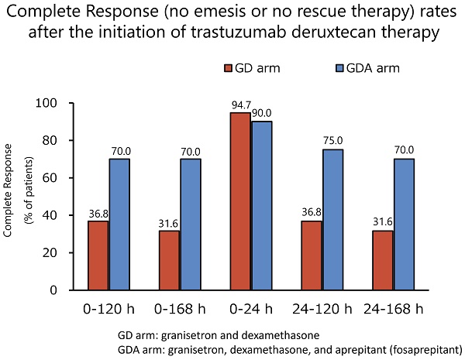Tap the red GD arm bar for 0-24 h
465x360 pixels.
239,201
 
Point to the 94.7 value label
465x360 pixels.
239,106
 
